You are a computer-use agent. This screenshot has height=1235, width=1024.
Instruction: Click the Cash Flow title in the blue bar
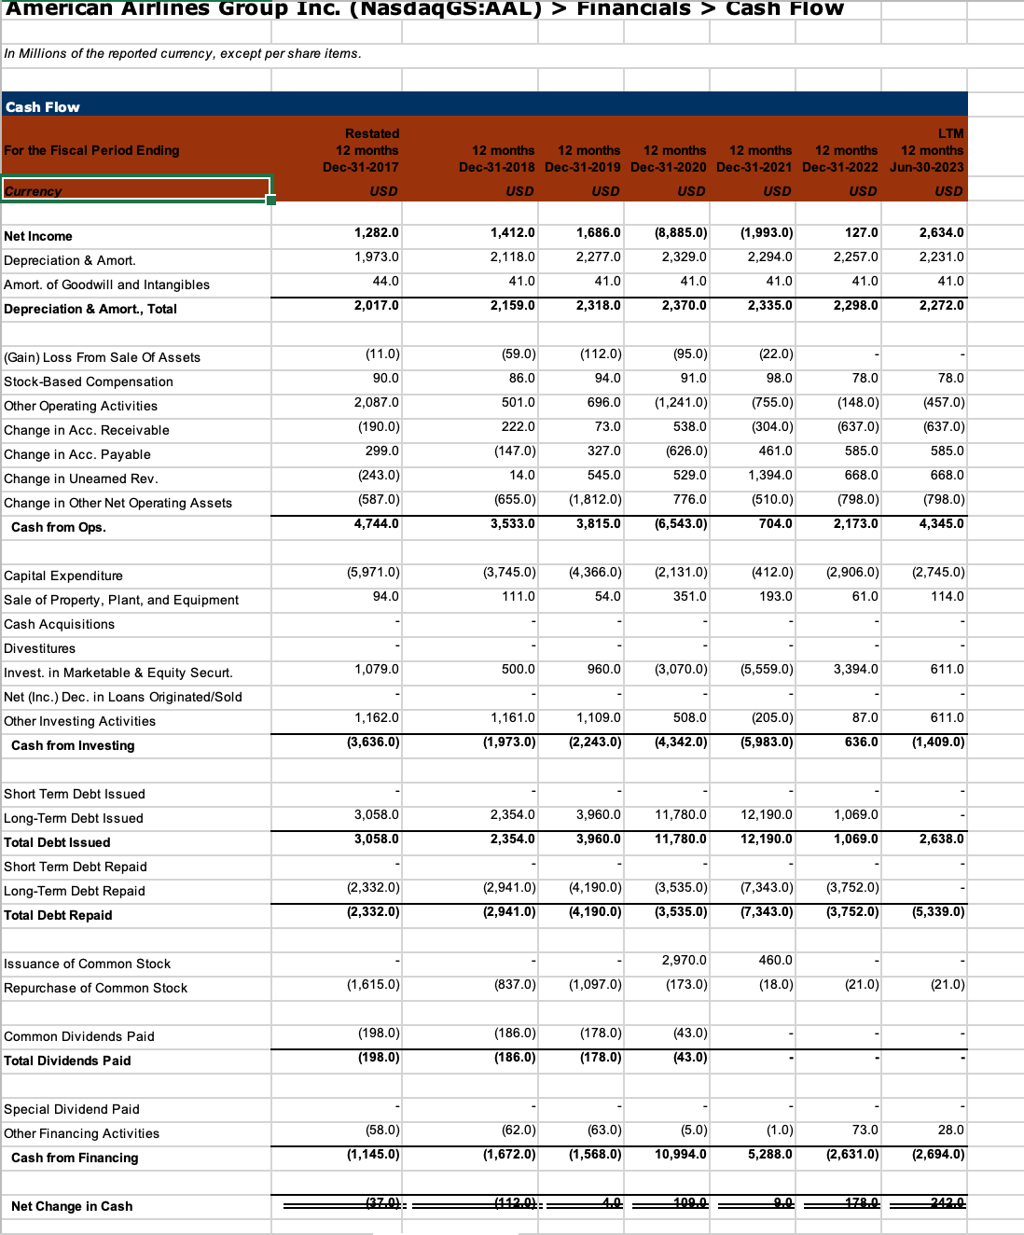(x=43, y=107)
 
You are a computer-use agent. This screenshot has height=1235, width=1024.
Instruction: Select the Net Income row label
(x=38, y=237)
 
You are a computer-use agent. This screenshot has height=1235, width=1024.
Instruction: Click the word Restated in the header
(x=371, y=133)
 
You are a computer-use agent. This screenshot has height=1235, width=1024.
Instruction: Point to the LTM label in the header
(x=950, y=133)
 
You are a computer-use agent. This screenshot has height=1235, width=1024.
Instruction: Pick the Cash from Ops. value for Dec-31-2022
(x=855, y=524)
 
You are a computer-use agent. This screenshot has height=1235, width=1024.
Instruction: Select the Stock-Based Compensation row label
(x=89, y=382)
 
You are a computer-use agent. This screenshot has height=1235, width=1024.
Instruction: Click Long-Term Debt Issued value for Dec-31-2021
(x=766, y=815)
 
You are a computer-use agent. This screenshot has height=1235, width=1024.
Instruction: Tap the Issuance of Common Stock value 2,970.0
(x=684, y=961)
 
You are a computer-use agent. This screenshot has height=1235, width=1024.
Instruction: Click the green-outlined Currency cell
(x=136, y=189)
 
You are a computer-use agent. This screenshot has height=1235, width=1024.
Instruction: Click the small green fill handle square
(x=271, y=201)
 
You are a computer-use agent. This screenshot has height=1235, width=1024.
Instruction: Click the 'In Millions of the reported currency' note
(x=183, y=54)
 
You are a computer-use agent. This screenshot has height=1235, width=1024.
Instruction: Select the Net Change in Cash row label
(x=72, y=1207)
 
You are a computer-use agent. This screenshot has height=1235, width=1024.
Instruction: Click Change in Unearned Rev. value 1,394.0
(x=770, y=476)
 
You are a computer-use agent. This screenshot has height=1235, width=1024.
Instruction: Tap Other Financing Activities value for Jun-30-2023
(x=950, y=1131)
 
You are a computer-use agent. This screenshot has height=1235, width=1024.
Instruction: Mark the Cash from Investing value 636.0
(x=861, y=742)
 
